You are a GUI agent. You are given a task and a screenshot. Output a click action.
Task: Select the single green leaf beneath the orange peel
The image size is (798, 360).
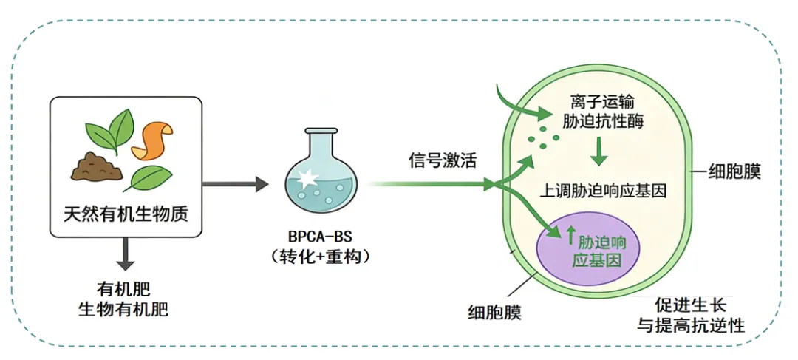point(150,177)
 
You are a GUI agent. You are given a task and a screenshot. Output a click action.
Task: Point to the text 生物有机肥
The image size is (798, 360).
point(123,309)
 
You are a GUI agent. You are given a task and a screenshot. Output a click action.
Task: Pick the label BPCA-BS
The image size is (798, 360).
point(320,237)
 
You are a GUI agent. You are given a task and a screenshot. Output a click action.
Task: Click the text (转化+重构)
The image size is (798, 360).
point(320,257)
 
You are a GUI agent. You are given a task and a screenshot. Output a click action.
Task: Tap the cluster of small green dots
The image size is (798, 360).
point(537,136)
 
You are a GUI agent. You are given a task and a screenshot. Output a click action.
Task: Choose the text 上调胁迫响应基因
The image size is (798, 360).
point(604,190)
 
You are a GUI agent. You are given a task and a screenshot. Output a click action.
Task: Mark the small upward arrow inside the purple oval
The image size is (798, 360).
point(570,238)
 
